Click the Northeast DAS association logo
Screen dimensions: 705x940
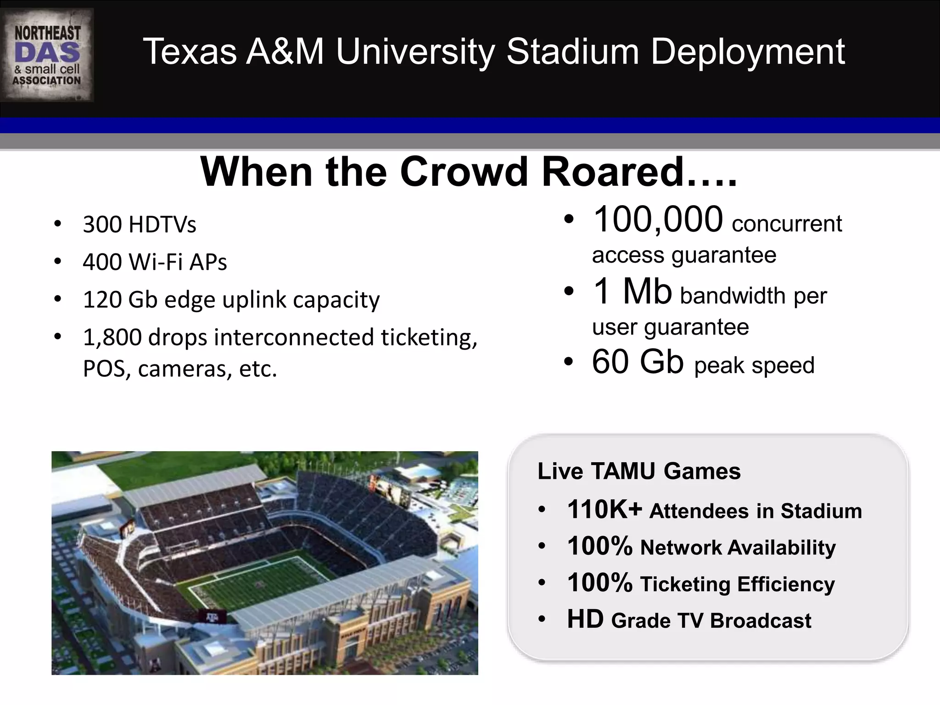47,55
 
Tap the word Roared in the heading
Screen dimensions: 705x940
613,172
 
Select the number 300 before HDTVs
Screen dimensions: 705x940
102,225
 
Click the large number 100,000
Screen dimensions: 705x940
658,219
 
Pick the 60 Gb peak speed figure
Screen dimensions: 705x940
638,362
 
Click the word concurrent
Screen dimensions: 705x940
787,224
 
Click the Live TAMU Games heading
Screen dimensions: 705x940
639,471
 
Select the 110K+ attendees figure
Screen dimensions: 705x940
604,510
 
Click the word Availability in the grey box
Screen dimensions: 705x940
782,548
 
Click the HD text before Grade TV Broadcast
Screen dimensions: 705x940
585,619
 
